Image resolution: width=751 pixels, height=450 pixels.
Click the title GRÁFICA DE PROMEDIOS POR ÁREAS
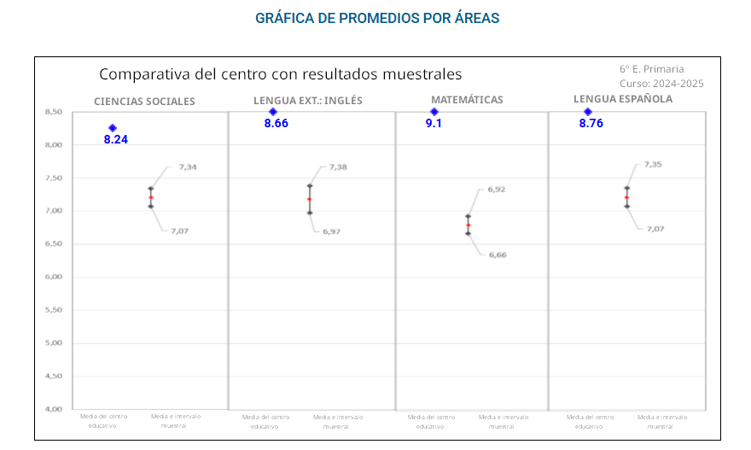(x=377, y=18)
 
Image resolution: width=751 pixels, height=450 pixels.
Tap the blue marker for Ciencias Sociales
(x=113, y=128)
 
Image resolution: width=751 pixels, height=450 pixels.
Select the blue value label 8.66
(x=277, y=125)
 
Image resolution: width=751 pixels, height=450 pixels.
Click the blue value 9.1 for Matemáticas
(x=434, y=125)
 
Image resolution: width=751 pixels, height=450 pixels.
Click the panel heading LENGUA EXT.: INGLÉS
(x=307, y=101)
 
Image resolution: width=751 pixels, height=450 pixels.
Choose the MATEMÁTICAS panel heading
(x=467, y=100)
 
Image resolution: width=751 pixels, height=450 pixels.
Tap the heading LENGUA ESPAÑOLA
(x=623, y=99)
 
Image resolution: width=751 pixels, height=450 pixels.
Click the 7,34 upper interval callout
(x=188, y=167)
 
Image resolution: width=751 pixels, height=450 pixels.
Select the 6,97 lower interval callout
(x=331, y=231)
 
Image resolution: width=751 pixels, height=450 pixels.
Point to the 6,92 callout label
(x=497, y=190)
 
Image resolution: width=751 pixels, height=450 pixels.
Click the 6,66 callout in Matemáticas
(x=497, y=254)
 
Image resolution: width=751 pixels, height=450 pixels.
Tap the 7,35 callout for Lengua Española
(x=653, y=164)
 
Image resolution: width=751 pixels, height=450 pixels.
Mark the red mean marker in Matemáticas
(x=468, y=225)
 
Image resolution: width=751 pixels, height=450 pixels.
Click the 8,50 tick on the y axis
(x=54, y=112)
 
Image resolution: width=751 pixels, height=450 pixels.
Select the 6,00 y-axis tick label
(x=54, y=277)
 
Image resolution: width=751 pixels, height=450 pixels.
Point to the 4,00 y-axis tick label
(x=54, y=409)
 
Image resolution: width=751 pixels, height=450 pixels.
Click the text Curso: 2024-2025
(x=661, y=84)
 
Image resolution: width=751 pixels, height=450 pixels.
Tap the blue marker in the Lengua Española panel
(x=587, y=112)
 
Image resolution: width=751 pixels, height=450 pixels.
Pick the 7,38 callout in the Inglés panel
(x=339, y=167)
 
